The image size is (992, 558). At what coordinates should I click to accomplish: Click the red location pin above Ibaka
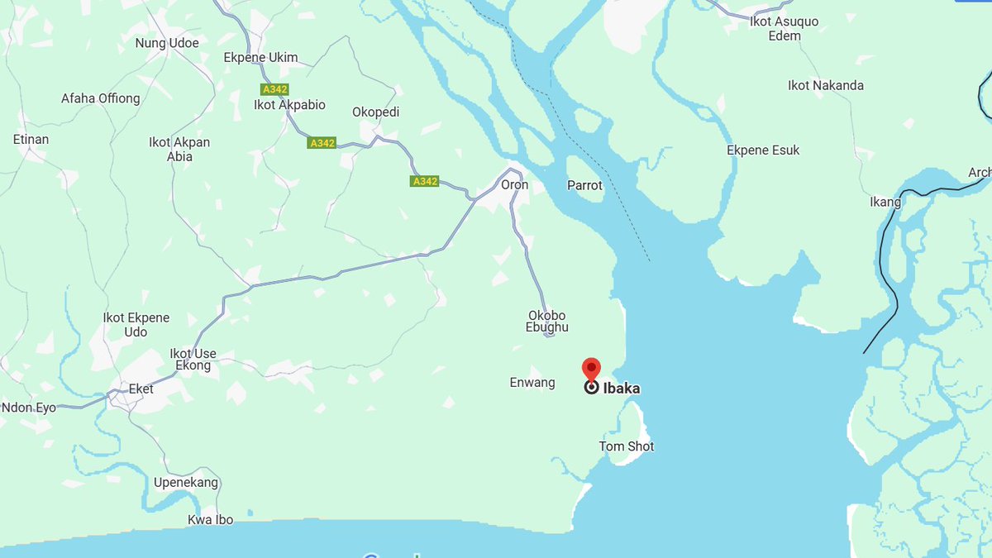coord(591,369)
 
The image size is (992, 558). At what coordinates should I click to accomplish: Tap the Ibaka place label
coord(621,388)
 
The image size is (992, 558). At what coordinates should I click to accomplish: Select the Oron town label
coord(514,184)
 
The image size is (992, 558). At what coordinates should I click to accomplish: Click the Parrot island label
coord(584,185)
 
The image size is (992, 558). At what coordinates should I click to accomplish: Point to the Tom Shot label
coord(626,446)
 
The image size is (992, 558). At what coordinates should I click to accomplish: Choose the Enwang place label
coord(532,383)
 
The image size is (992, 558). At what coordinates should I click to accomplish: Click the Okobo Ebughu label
coord(547,321)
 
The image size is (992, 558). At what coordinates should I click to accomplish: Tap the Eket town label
coord(141,389)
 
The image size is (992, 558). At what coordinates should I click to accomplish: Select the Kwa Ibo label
coord(210,520)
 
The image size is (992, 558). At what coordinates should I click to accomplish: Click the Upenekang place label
coord(186,482)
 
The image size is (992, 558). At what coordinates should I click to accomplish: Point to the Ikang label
coord(885,202)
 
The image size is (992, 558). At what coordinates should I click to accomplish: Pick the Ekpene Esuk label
coord(763,150)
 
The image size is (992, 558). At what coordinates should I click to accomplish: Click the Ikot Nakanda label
coord(826,85)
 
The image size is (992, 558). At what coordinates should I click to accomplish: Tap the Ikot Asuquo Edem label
coord(784,28)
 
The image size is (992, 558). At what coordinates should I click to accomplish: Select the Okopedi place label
coord(375,112)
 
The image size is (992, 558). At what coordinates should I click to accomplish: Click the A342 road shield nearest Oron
coord(424,181)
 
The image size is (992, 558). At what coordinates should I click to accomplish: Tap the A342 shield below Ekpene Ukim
coord(274,89)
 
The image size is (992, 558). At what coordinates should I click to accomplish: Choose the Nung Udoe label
coord(167,42)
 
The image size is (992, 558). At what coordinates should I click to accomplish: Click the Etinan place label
coord(31,139)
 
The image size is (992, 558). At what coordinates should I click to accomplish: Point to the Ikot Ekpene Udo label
coord(136,324)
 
